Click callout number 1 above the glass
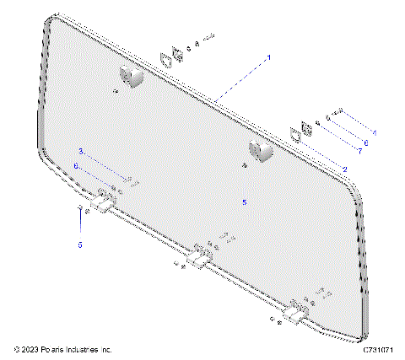[268, 56]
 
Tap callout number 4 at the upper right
[375, 133]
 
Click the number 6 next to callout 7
[366, 142]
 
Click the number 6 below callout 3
[76, 167]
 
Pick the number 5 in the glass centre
[244, 202]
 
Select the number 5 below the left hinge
[80, 244]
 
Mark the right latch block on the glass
[261, 152]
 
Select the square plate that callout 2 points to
[295, 134]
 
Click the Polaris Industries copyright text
[63, 349]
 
